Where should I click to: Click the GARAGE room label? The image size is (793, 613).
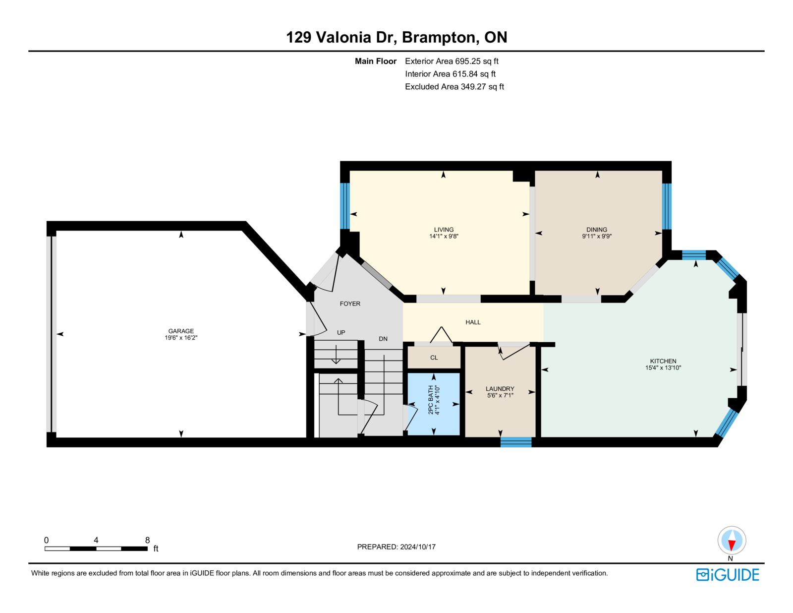click(x=181, y=331)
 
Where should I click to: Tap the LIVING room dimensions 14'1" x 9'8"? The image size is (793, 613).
click(x=444, y=236)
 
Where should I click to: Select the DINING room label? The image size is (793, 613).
click(x=597, y=229)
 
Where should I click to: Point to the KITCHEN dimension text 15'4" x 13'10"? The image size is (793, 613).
click(x=663, y=368)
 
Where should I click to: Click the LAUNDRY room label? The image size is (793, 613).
click(x=500, y=389)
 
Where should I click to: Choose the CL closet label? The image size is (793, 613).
click(x=434, y=358)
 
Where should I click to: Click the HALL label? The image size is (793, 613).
click(x=473, y=322)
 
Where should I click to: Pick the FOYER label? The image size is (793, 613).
click(x=350, y=304)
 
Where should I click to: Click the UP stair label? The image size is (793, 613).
click(x=341, y=332)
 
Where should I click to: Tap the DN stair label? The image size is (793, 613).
click(x=383, y=338)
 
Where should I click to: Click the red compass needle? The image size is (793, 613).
click(x=732, y=545)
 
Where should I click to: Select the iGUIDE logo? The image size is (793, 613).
click(x=727, y=574)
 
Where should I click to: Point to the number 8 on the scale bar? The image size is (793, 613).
click(x=147, y=540)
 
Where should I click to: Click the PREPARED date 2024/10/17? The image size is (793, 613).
click(x=418, y=547)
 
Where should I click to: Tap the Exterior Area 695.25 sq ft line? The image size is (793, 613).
click(x=452, y=61)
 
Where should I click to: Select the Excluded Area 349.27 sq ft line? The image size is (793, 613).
click(x=454, y=86)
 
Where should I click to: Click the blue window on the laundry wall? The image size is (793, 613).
click(x=515, y=442)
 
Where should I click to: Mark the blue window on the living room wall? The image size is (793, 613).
click(x=345, y=206)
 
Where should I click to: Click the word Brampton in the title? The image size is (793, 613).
click(x=441, y=37)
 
